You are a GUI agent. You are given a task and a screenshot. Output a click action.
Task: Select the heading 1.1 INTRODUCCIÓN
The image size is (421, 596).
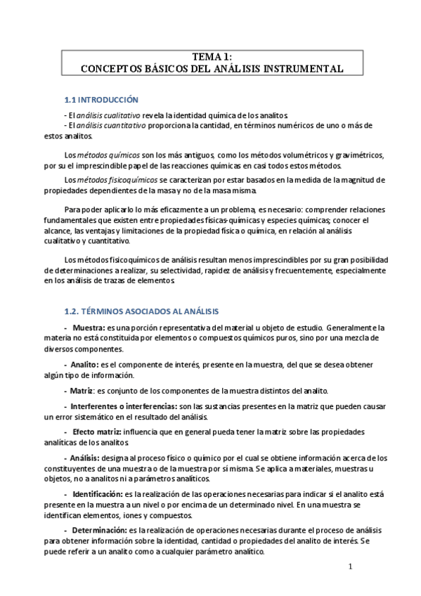pyautogui.click(x=101, y=100)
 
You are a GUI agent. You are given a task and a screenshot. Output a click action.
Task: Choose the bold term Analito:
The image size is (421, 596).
pyautogui.click(x=84, y=365)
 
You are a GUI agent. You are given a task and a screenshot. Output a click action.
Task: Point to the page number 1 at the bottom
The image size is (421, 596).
pyautogui.click(x=350, y=566)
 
